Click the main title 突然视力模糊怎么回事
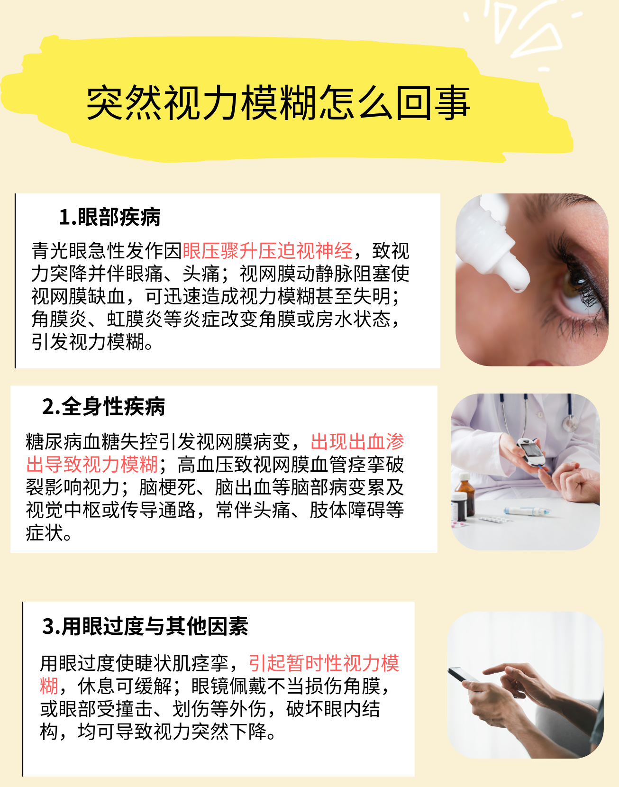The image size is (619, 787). [x=278, y=102]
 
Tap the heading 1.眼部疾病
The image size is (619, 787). [x=109, y=217]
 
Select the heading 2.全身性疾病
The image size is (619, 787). [x=103, y=406]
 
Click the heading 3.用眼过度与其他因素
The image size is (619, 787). [x=145, y=626]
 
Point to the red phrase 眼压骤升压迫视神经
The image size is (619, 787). [x=268, y=251]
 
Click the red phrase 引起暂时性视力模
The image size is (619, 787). [x=324, y=663]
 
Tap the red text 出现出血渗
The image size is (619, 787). [x=357, y=442]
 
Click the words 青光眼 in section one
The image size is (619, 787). [x=60, y=251]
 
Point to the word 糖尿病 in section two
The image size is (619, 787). [x=54, y=442]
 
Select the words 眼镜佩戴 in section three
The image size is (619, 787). [x=229, y=686]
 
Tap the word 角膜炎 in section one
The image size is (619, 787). [x=60, y=319]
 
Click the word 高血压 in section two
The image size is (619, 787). [x=206, y=465]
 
